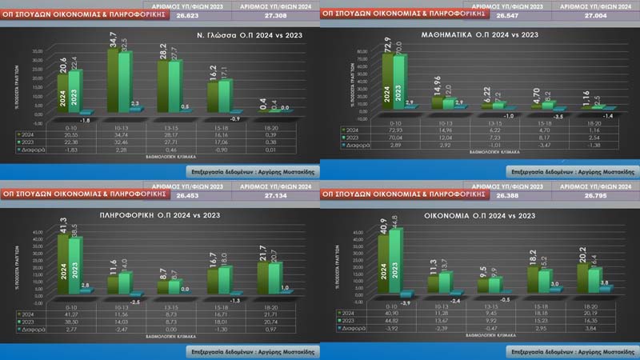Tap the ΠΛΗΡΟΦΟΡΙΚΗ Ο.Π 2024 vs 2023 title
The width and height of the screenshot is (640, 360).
(160, 215)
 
